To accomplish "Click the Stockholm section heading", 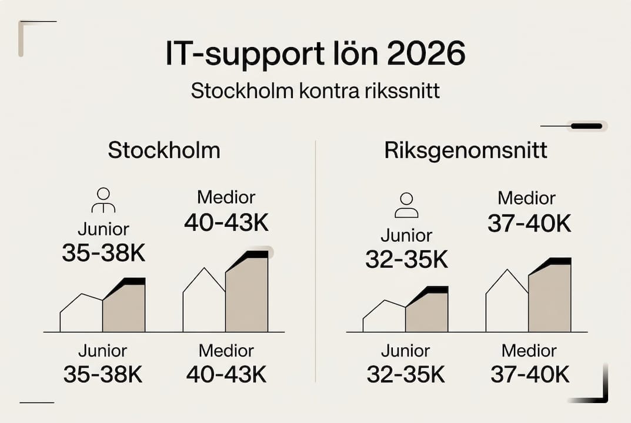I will [164, 150].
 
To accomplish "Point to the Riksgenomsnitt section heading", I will [466, 150].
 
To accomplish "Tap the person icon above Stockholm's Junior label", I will [104, 200].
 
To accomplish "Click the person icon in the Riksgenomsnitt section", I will [406, 205].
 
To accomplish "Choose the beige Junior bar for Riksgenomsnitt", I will [426, 313].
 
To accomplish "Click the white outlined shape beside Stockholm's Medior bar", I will [204, 303].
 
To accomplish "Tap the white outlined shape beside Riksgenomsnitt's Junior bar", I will [384, 317].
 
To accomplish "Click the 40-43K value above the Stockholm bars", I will [226, 223].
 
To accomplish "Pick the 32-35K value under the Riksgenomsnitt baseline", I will [406, 375].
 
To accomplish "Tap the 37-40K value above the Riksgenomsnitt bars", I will [529, 224].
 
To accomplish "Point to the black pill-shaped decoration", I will [586, 126].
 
